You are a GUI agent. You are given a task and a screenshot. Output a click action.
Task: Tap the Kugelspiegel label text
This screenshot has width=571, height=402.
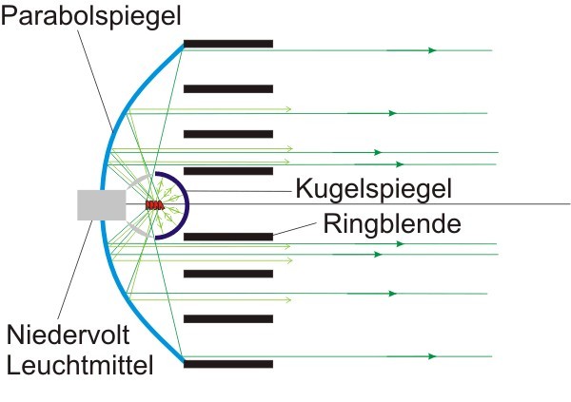(x=371, y=189)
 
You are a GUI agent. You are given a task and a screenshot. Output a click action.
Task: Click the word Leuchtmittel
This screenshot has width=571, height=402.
(x=80, y=363)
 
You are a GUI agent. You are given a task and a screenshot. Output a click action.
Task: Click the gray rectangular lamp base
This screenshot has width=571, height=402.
(x=101, y=204)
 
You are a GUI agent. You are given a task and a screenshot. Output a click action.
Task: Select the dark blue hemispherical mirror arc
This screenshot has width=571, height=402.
(x=186, y=204)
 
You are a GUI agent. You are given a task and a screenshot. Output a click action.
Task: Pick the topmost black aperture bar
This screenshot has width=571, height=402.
(x=228, y=44)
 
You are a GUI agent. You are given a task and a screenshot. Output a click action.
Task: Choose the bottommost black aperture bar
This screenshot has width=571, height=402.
(x=228, y=364)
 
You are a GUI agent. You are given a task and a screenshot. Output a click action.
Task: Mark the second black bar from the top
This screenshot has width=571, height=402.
(x=228, y=88)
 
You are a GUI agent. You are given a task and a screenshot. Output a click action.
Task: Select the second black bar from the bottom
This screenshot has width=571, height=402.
(x=228, y=318)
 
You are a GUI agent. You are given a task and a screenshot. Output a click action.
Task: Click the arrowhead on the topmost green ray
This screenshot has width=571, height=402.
(x=433, y=49)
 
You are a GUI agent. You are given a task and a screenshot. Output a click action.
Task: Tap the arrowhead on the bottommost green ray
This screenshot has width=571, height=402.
(x=433, y=356)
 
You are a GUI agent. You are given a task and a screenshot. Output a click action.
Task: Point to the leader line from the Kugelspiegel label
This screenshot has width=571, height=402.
(x=238, y=190)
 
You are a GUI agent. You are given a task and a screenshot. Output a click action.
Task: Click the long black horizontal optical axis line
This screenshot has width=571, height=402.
(x=428, y=204)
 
